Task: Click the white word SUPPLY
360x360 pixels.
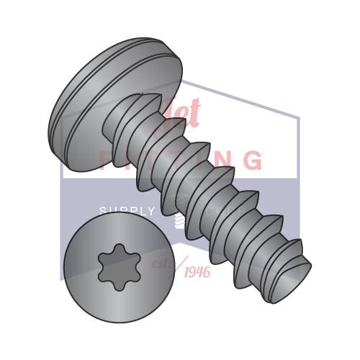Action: [127, 211]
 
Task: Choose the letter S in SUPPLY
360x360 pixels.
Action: [103, 211]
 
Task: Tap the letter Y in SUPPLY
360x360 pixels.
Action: [150, 211]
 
